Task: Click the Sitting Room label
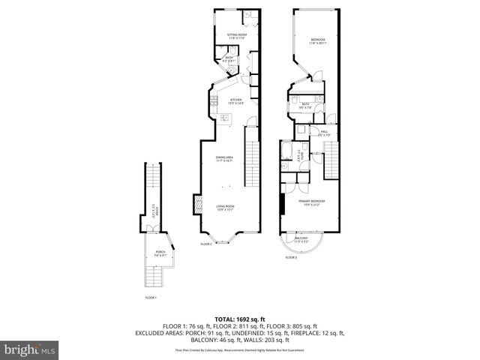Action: click(x=237, y=35)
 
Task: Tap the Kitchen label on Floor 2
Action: click(x=235, y=100)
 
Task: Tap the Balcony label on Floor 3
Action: click(x=301, y=240)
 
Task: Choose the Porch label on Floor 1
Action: click(x=160, y=253)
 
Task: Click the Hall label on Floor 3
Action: click(x=324, y=133)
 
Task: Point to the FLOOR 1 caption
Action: click(x=151, y=298)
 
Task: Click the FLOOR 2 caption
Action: click(x=206, y=244)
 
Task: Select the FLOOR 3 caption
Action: click(x=291, y=258)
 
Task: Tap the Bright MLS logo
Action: click(x=30, y=349)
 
